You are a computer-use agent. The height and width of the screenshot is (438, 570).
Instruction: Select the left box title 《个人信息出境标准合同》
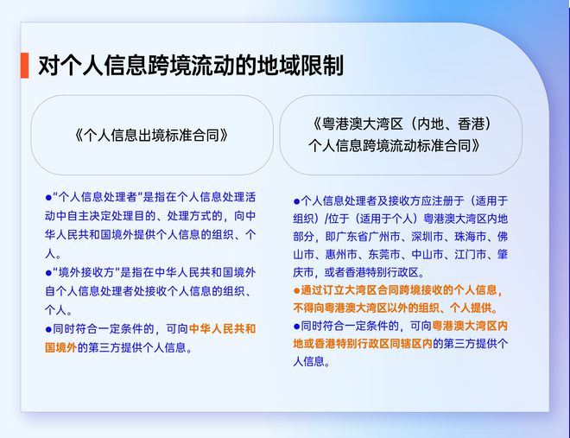click(x=151, y=136)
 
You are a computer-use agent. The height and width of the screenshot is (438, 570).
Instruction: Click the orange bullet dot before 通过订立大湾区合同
click(x=296, y=290)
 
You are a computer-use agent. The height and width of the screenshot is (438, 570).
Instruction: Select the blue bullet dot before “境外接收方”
click(x=49, y=272)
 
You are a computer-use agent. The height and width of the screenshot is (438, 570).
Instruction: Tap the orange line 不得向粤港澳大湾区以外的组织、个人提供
click(x=401, y=308)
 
